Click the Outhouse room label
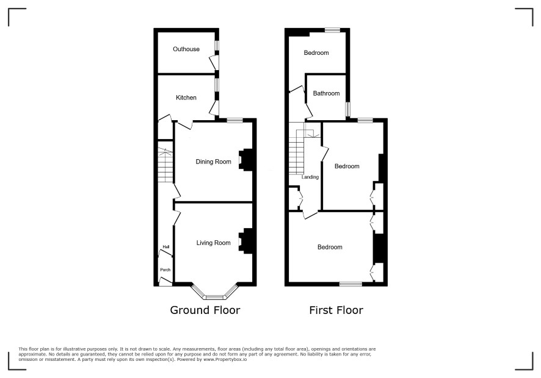(186, 49)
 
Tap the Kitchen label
(186, 98)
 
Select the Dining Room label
(213, 162)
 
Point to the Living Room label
(213, 243)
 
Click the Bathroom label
(326, 93)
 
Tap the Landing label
(310, 177)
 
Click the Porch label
(165, 270)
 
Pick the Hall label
(166, 247)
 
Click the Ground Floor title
(205, 310)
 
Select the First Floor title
(336, 310)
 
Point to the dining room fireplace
(246, 160)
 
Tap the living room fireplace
(246, 241)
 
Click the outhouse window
(217, 46)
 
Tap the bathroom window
(348, 109)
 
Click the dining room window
(235, 120)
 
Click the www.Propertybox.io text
(225, 359)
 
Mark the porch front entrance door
(165, 282)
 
